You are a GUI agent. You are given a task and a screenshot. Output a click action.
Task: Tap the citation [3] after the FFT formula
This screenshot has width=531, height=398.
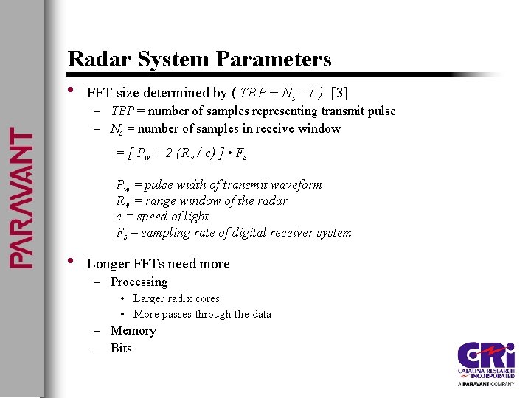pyautogui.click(x=340, y=93)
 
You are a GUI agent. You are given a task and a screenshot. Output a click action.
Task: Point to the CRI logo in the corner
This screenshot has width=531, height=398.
pyautogui.click(x=485, y=363)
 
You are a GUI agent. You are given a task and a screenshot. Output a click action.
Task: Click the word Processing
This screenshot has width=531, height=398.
pyautogui.click(x=139, y=282)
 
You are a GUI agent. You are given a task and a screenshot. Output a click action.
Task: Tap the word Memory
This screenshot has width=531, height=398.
pyautogui.click(x=133, y=331)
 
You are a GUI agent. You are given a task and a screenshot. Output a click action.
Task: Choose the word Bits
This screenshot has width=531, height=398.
pyautogui.click(x=121, y=349)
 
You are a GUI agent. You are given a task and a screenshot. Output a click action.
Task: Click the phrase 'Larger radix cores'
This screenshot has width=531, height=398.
pyautogui.click(x=176, y=298)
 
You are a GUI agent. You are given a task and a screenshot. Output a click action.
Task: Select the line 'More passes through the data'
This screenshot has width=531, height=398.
pyautogui.click(x=202, y=314)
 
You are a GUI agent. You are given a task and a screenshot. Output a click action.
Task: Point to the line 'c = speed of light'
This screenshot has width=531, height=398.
pyautogui.click(x=162, y=217)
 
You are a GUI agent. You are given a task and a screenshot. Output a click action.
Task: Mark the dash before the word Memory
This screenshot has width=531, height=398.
pyautogui.click(x=97, y=331)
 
